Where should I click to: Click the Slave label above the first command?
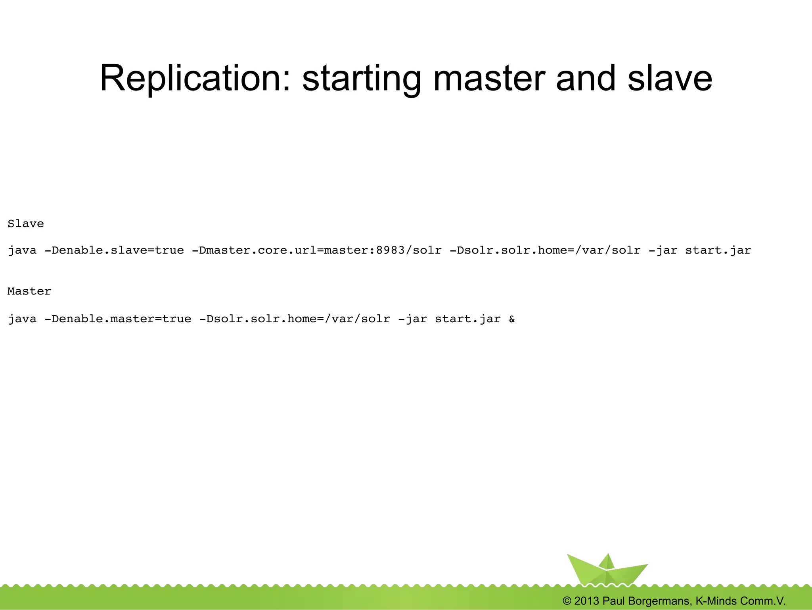26,224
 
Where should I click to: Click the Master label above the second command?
29,291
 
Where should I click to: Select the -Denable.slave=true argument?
114,250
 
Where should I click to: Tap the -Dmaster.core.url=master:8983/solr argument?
316,250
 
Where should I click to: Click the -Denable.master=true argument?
118,319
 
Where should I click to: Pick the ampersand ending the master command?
512,319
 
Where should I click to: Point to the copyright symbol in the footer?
567,601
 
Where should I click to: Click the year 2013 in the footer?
587,601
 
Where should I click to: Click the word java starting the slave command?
22,250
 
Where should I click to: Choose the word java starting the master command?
22,319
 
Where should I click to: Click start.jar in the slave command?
718,250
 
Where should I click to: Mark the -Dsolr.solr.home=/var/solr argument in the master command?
295,319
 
